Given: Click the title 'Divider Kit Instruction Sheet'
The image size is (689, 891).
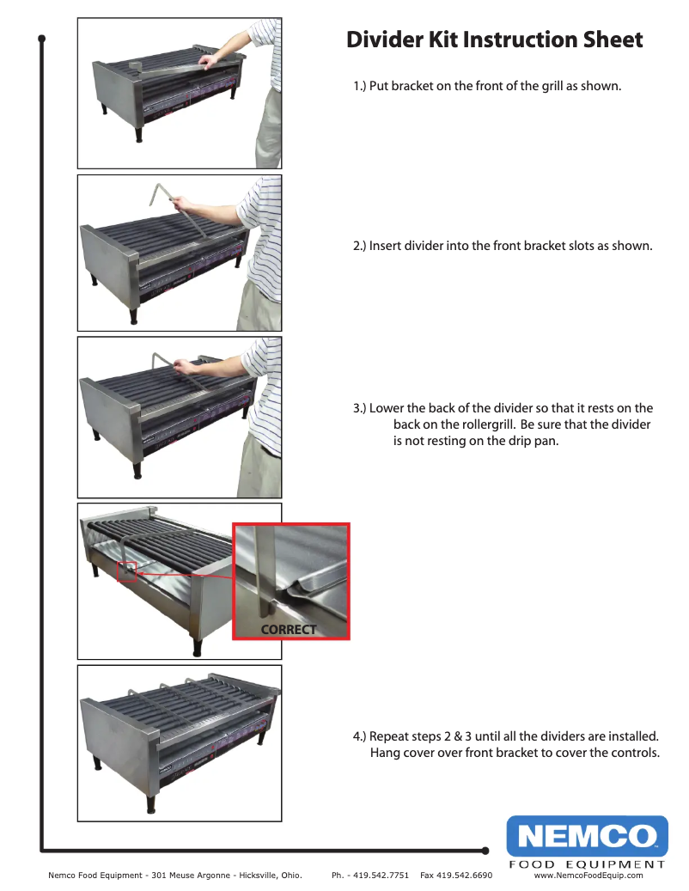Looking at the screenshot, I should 494,40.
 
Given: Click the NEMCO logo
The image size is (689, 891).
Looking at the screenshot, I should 587,835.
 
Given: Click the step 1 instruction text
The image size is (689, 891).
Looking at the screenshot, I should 487,87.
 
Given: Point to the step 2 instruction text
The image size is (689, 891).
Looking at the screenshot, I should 503,246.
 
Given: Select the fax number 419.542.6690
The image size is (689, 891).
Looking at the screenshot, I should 464,876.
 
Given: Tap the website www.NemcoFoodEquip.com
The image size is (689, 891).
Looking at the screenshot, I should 588,876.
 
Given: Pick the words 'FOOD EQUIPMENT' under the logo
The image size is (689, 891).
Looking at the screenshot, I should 587,864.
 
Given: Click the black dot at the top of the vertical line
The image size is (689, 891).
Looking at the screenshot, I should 41,39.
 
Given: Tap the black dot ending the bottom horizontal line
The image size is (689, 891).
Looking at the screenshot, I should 485,851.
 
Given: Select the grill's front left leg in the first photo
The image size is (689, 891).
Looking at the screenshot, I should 137,134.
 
